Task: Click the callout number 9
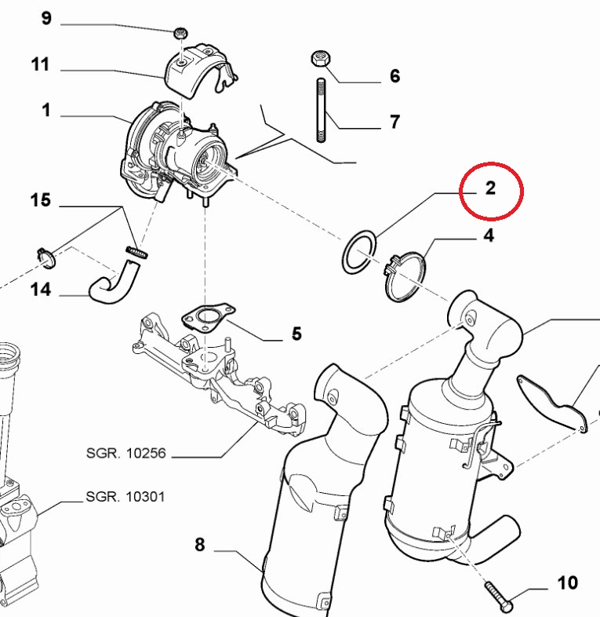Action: [x=46, y=18]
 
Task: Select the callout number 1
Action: [x=46, y=111]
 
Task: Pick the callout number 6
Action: [x=395, y=76]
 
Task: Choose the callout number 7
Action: [x=395, y=122]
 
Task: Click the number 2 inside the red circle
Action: [x=489, y=188]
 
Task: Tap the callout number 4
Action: [x=488, y=235]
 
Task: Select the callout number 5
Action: [x=296, y=334]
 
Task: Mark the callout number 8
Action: [x=199, y=544]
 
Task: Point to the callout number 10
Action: [x=567, y=582]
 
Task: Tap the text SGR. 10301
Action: [x=126, y=497]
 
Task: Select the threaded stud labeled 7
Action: [x=321, y=109]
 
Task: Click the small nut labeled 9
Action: [x=180, y=33]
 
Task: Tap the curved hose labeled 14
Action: [x=114, y=280]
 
